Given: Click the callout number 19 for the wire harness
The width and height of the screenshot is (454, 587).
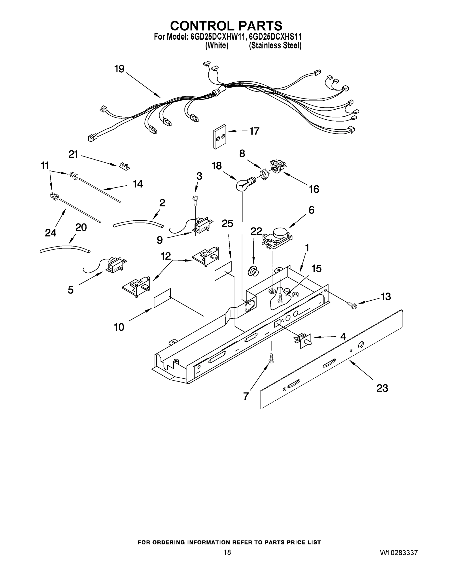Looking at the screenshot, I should [x=119, y=69].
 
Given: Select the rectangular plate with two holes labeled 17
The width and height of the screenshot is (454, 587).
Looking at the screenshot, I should [x=220, y=136].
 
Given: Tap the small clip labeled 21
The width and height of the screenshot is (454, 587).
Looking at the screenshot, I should [x=124, y=166].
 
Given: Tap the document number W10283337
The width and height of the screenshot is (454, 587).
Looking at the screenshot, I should [x=399, y=553].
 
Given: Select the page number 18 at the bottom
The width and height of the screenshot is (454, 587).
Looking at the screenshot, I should [x=227, y=552].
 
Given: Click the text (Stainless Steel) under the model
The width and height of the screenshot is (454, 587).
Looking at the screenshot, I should [x=275, y=46].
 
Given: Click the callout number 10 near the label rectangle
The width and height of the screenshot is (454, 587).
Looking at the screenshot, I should [x=119, y=327].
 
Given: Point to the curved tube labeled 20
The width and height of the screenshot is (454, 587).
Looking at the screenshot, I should [x=65, y=248].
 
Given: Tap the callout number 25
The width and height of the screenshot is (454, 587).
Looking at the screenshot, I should [x=227, y=223].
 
